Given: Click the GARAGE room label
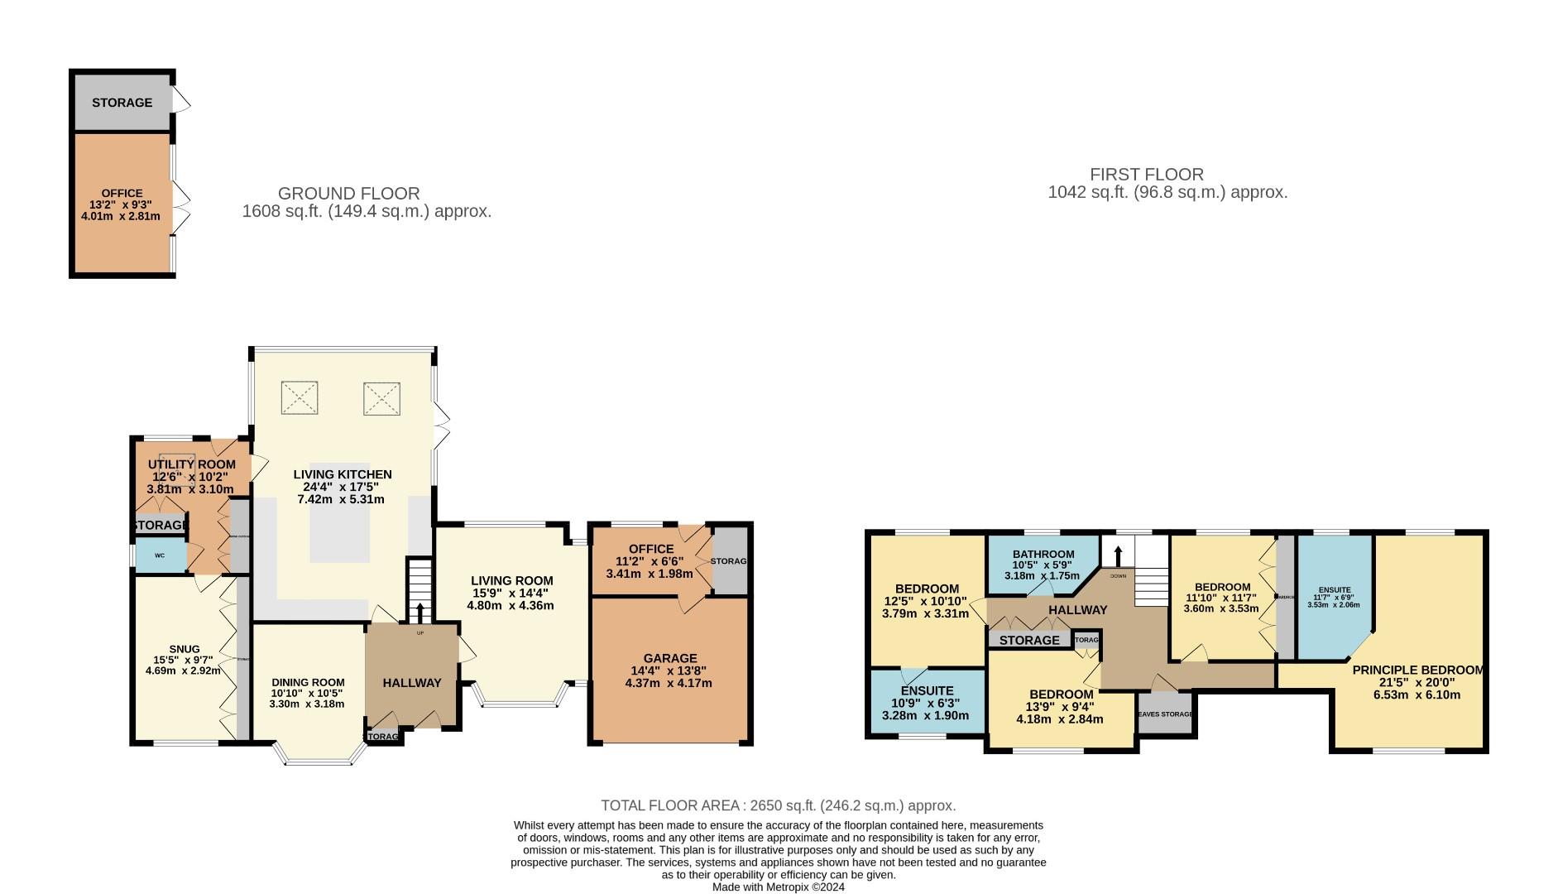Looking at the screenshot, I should (670, 658).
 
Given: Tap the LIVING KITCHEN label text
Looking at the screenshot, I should (343, 474).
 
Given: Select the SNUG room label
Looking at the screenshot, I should (184, 649).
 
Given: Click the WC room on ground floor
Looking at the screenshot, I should (161, 555).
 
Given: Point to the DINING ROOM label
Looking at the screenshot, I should (306, 683).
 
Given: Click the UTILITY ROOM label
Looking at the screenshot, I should (191, 464).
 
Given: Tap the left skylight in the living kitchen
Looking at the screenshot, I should (299, 398).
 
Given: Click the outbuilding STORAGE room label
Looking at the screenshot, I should (122, 103).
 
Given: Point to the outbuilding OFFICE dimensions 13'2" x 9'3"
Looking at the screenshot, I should (121, 204).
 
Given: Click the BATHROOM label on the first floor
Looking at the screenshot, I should (1043, 555).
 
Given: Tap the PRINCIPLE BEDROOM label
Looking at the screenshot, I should (1417, 670).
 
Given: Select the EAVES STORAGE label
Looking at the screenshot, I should (1165, 714).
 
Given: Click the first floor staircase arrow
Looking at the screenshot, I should (1119, 554).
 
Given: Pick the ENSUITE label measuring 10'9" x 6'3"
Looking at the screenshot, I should (927, 690).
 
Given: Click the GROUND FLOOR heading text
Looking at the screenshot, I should (348, 194).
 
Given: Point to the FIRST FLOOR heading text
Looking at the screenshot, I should (1146, 175).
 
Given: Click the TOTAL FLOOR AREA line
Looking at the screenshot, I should (778, 805).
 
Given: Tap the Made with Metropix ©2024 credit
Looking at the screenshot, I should (778, 887).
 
